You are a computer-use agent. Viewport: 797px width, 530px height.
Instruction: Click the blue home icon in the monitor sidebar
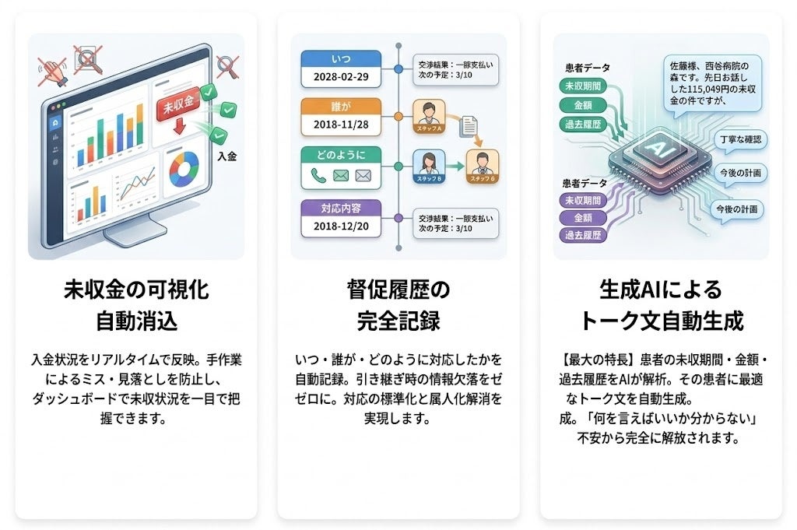click(x=54, y=123)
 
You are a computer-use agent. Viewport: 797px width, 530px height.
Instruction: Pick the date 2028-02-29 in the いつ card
click(x=341, y=77)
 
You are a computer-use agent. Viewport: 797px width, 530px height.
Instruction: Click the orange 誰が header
click(x=341, y=107)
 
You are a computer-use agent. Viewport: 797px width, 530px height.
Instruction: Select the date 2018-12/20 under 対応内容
click(x=341, y=225)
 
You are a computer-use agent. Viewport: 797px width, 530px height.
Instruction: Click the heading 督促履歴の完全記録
click(x=398, y=305)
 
